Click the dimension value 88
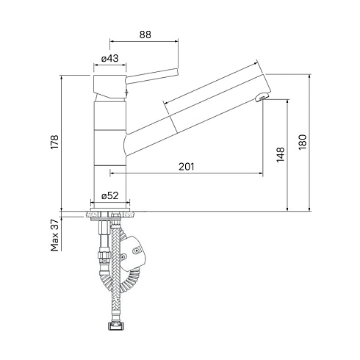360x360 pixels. tap(145, 35)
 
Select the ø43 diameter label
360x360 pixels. tap(110, 58)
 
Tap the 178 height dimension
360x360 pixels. tap(54, 142)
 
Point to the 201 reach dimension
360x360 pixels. tap(186, 167)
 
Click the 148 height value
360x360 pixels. tap(281, 154)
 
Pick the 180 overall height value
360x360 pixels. tap(303, 143)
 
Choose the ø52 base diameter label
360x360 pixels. tap(110, 195)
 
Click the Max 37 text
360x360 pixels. tap(54, 235)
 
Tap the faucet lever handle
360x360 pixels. tap(151, 76)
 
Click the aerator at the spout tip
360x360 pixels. tap(262, 96)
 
